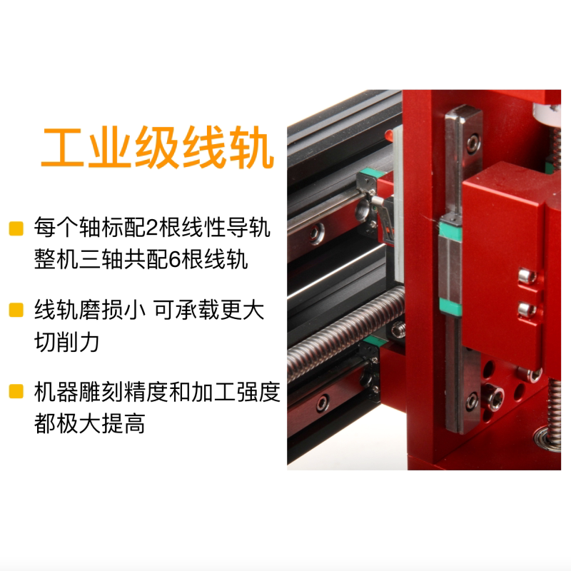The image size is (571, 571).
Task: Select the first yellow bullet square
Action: click(x=15, y=229)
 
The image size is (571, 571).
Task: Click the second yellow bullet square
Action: click(x=15, y=310)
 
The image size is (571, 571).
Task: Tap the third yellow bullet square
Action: click(x=15, y=392)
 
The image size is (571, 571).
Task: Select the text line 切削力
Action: click(x=66, y=342)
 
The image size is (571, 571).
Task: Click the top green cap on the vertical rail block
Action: click(x=450, y=227)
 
